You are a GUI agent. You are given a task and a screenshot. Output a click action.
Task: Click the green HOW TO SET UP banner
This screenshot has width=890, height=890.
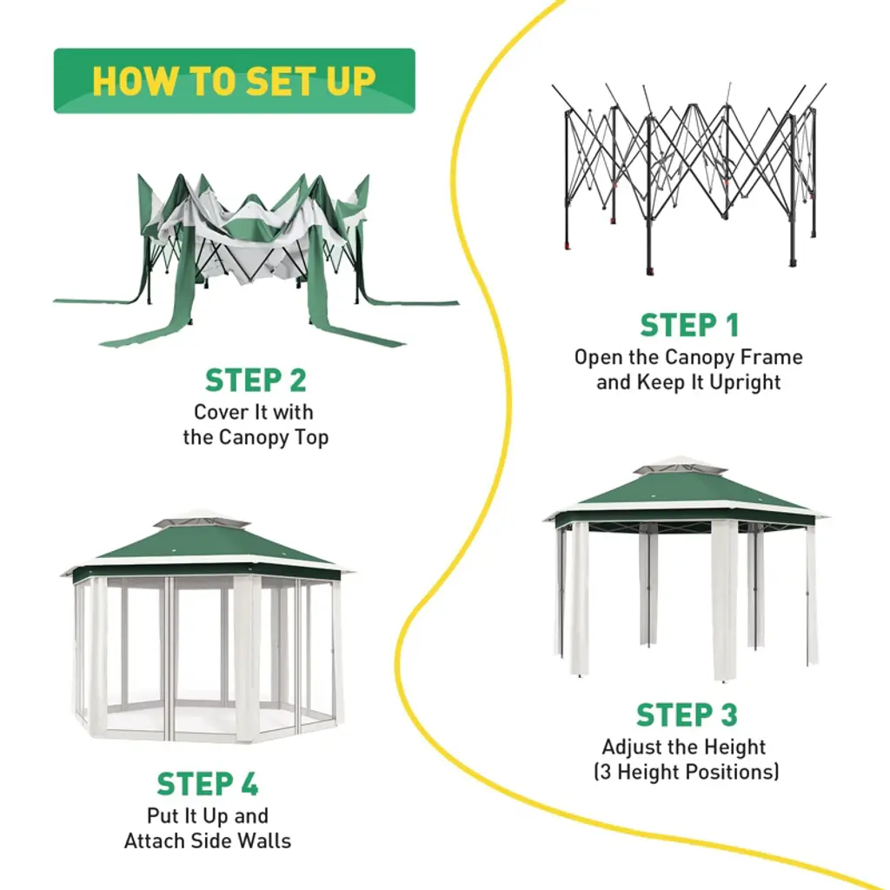(x=234, y=81)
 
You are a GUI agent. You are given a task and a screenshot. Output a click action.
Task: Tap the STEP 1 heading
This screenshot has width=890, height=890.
(x=689, y=325)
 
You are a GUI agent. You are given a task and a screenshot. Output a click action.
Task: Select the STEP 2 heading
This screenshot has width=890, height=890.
(x=256, y=381)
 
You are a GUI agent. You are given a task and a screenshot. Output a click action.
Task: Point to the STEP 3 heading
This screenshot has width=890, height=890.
(x=687, y=715)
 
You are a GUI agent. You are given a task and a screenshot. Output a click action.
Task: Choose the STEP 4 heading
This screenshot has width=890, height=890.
(x=208, y=784)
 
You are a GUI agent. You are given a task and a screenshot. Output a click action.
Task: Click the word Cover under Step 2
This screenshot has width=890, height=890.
(x=219, y=412)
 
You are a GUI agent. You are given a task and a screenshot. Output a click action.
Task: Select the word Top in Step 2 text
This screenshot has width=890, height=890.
(x=311, y=437)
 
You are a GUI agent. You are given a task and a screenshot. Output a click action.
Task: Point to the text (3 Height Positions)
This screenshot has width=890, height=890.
(x=687, y=772)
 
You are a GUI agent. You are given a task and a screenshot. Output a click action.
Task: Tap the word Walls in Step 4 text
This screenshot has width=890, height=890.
(x=263, y=841)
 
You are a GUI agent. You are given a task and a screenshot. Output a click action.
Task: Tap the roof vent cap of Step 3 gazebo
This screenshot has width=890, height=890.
(x=681, y=468)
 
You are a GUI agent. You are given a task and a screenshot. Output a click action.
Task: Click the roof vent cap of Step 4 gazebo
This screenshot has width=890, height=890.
(x=201, y=521)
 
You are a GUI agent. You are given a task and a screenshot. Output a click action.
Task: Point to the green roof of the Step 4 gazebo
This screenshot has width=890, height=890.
(x=209, y=548)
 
